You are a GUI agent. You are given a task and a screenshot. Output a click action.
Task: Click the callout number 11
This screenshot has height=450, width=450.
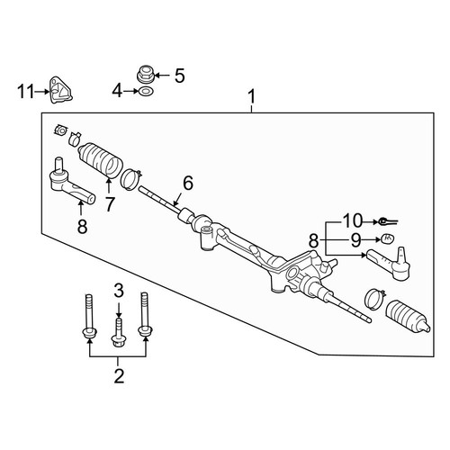pos(26,92)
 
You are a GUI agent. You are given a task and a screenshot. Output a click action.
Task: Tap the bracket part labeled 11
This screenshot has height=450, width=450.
pos(60,90)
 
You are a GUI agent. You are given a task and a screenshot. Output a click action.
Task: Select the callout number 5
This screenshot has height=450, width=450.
pos(180,76)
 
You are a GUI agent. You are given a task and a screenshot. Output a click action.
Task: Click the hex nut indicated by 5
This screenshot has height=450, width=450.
pos(146,75)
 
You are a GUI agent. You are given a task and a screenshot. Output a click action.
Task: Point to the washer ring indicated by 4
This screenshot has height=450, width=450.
pos(146,91)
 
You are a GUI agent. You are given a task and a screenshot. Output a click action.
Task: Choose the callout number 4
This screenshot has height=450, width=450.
pos(117,91)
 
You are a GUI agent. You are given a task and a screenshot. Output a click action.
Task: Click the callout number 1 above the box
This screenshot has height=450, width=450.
pos(252,96)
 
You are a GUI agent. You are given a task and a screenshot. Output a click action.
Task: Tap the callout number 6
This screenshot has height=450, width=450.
pos(188,184)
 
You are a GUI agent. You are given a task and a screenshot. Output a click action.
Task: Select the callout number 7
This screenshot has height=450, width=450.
pos(110,204)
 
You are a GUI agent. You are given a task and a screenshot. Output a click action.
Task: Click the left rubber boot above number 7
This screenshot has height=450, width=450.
pos(101,160)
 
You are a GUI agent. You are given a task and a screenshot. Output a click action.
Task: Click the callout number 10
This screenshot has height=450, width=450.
pos(353,220)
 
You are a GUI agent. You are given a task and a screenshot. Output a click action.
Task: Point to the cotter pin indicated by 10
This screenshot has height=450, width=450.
pos(387,221)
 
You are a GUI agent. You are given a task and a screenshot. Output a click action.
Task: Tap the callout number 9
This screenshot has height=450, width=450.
pos(355,240)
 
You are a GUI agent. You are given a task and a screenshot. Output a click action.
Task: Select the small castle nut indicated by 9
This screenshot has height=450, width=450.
pos(388,238)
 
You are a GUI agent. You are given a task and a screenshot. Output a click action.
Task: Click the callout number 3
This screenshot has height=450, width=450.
pos(119,291)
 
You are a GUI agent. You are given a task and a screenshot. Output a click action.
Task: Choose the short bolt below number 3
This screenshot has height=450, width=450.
pos(119,333)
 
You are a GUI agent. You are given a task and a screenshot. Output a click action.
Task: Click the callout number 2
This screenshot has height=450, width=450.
pos(119,376)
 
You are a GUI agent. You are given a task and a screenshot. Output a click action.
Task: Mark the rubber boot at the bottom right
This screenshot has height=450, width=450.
pos(408,317)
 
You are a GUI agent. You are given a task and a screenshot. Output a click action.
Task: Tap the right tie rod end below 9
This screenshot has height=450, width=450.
pos(390,263)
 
